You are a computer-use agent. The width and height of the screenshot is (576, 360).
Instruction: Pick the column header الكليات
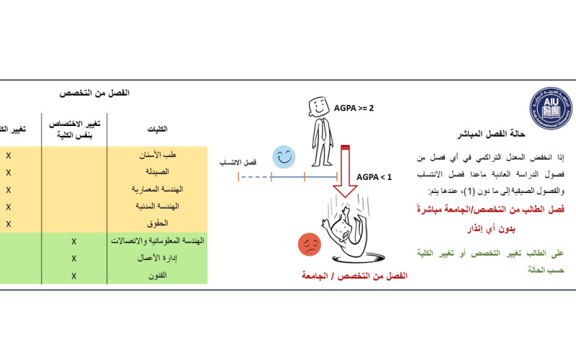(157, 129)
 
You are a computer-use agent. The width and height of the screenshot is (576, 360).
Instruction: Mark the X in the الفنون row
(73, 274)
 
